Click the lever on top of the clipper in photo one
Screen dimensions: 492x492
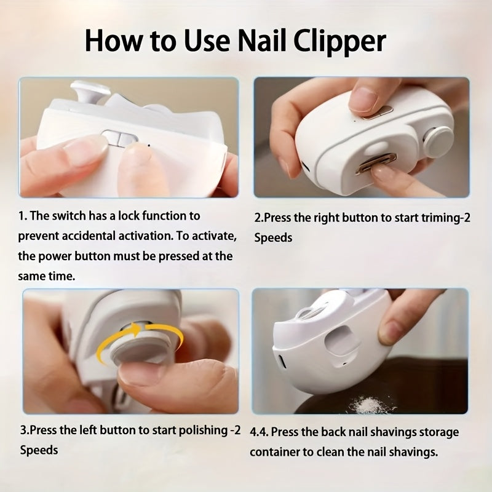[89, 92]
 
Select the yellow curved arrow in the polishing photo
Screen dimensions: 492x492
[139, 338]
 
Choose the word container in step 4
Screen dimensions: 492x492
[276, 452]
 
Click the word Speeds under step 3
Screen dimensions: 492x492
[39, 450]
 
